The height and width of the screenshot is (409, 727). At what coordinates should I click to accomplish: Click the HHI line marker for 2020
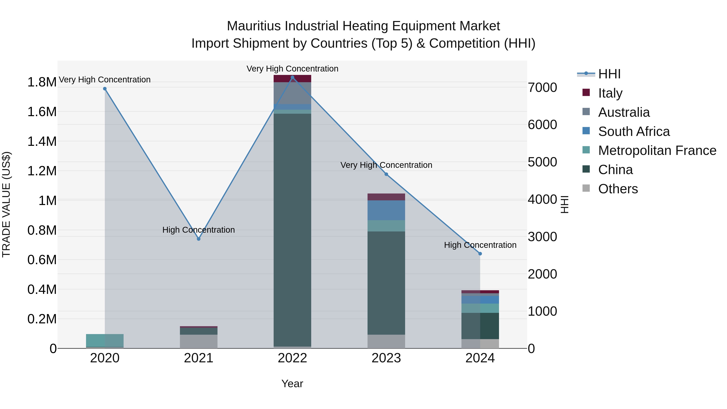105,89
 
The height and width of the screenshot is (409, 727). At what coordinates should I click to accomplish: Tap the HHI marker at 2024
480,254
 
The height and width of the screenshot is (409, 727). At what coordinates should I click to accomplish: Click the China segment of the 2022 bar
292,230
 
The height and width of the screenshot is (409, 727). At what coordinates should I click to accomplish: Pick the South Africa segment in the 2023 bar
386,210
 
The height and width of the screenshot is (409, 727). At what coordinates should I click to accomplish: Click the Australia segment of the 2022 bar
292,93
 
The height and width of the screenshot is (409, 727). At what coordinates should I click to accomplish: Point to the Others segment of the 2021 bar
199,341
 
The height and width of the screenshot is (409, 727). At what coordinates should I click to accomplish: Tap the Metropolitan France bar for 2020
105,340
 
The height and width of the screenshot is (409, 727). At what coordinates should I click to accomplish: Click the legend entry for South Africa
633,131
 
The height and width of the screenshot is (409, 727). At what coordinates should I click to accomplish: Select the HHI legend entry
609,74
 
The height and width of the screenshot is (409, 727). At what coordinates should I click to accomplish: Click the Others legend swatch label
618,189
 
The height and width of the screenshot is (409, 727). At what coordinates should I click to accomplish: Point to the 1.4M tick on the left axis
42,141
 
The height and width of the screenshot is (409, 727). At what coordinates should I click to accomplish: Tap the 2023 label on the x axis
386,358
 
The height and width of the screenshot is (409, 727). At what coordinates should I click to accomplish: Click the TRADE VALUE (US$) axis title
6,204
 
